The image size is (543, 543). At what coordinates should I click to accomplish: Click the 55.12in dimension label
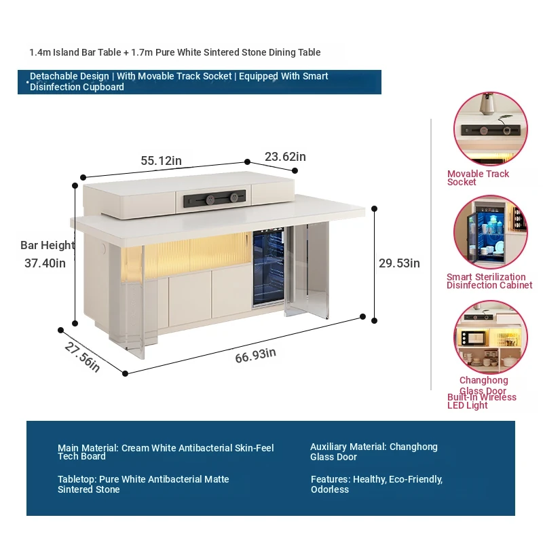(161, 161)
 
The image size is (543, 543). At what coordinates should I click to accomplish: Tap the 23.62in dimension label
(285, 157)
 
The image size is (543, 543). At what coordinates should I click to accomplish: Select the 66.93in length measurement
(256, 356)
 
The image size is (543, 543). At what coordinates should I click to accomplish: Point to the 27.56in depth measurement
(82, 357)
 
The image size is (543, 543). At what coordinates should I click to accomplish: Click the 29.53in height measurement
(399, 263)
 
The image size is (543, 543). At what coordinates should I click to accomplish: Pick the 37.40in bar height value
(45, 263)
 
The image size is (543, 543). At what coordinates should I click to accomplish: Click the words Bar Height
(48, 245)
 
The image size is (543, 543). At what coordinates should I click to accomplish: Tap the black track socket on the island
(214, 199)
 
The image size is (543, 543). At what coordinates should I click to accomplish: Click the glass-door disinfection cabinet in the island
(269, 267)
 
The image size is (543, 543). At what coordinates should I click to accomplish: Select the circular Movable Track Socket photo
(491, 129)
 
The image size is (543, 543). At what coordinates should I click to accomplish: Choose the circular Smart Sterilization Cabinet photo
(491, 232)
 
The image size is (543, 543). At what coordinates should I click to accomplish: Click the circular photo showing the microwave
(491, 337)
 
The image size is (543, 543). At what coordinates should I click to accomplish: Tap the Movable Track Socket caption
(478, 178)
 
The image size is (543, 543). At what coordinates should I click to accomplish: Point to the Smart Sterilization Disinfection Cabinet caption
(489, 281)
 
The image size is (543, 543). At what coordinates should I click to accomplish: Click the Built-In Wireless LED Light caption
(482, 401)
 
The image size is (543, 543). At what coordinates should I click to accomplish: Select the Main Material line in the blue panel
(166, 452)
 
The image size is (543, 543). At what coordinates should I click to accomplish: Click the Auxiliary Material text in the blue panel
(374, 451)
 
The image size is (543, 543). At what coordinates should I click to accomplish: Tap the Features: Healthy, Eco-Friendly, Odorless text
(377, 484)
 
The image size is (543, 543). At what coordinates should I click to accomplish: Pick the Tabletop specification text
(143, 484)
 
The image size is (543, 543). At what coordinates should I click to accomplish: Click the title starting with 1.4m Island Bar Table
(175, 52)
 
